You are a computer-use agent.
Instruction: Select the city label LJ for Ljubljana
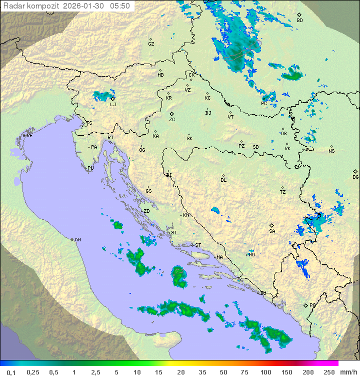click(113, 104)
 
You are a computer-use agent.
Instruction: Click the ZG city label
click(172, 120)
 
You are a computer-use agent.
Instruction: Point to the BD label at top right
click(299, 21)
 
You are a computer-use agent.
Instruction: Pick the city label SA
click(272, 231)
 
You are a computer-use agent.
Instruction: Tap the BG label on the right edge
click(355, 177)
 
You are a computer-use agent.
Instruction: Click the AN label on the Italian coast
click(77, 240)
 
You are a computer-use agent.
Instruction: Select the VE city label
click(29, 136)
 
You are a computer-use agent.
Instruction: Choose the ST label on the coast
click(198, 245)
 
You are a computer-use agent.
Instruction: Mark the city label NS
click(331, 151)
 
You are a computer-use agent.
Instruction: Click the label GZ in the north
click(151, 44)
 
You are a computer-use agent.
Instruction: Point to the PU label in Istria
click(90, 168)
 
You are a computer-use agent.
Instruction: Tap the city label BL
click(223, 180)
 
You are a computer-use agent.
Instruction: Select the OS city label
click(283, 134)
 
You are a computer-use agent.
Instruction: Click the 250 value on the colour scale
click(329, 372)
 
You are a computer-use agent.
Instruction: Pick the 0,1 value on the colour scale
click(11, 372)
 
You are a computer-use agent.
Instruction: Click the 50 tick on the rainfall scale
click(222, 372)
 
